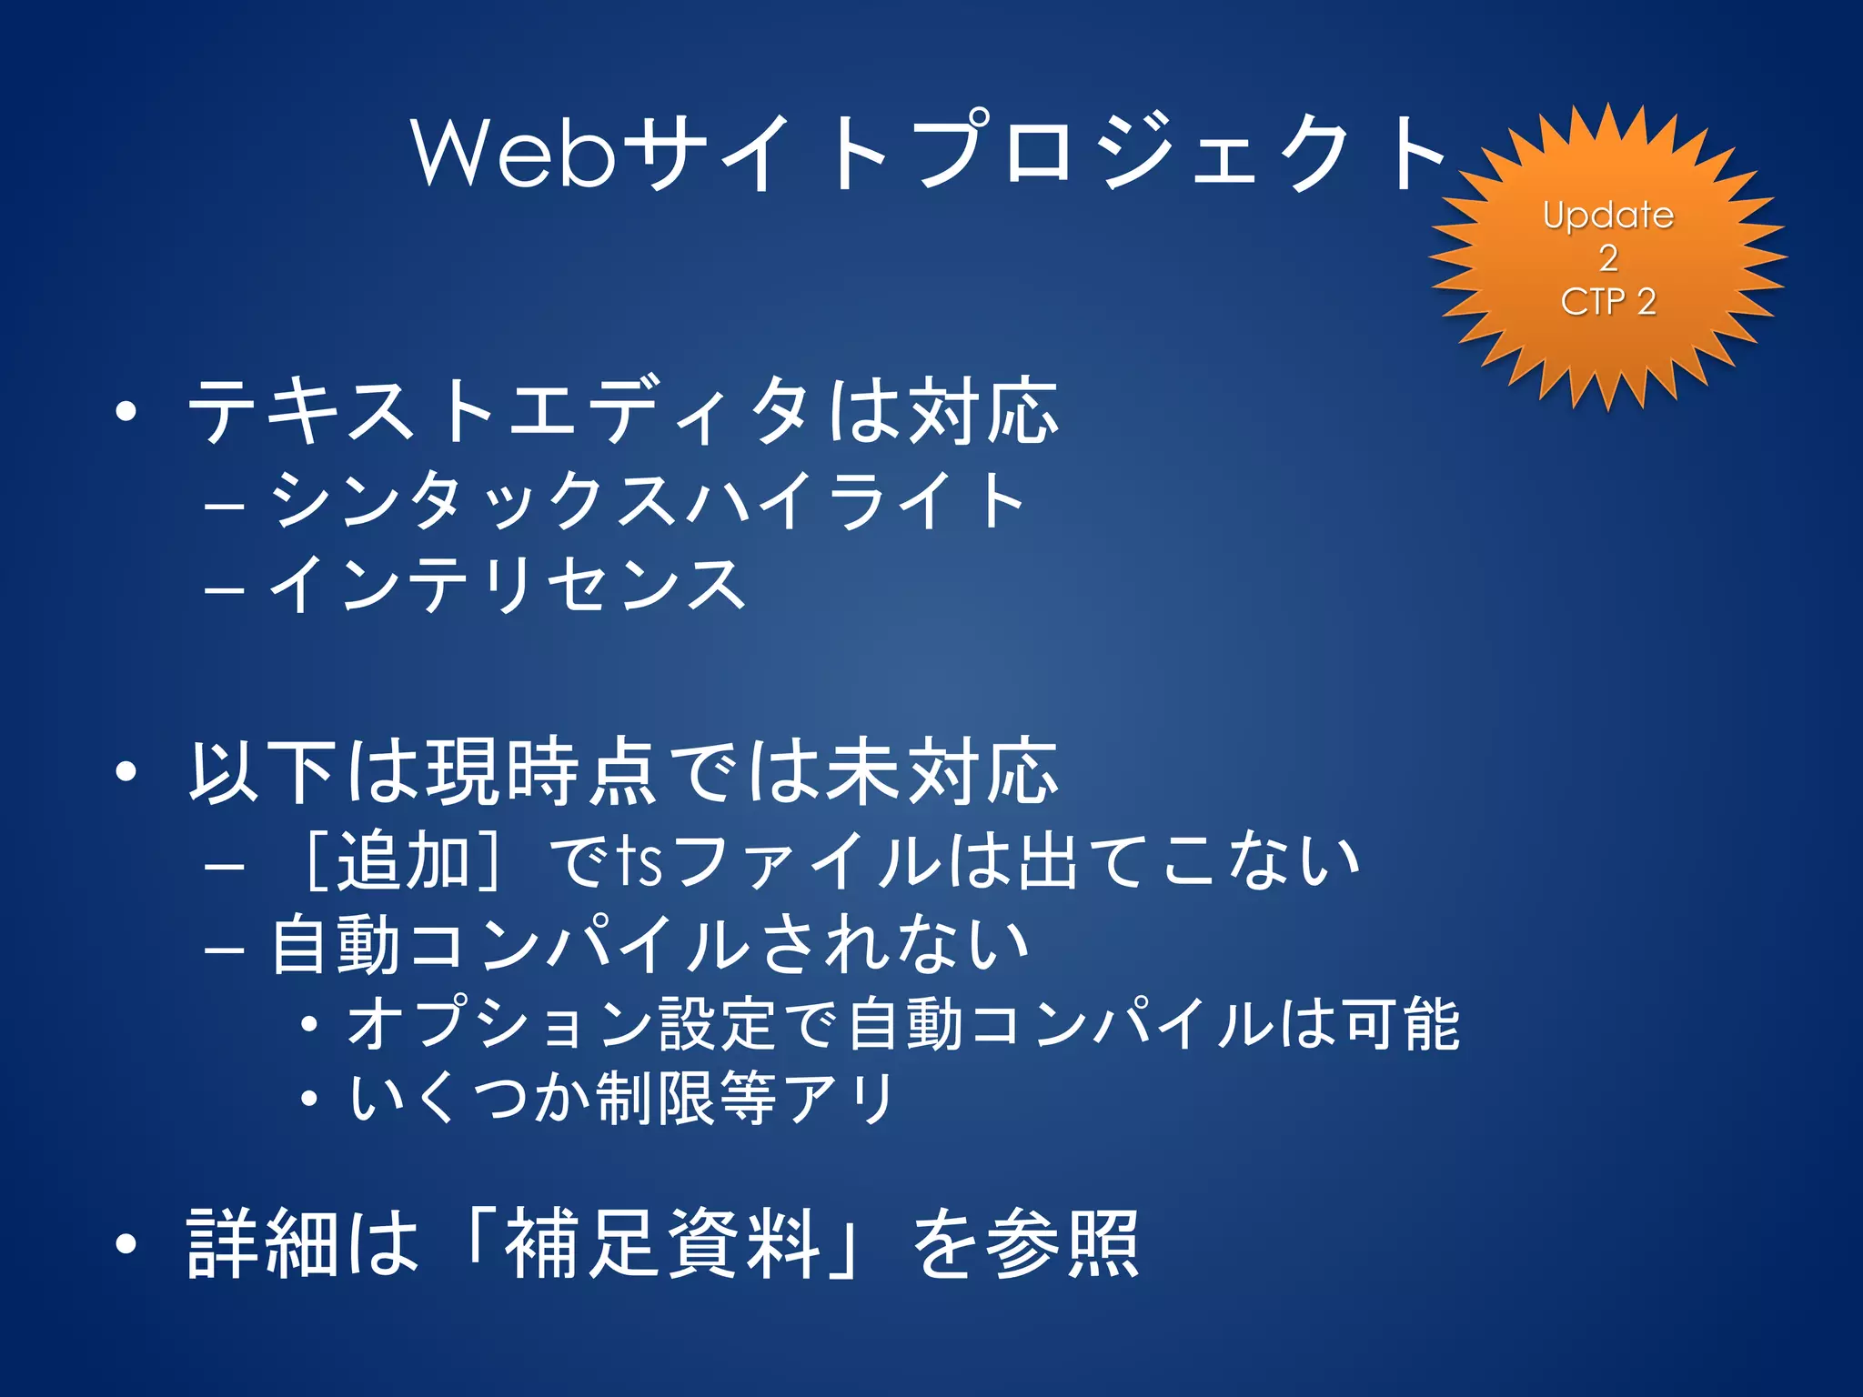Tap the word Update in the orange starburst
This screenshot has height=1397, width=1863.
tap(1608, 216)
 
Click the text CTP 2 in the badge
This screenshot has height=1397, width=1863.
tap(1608, 301)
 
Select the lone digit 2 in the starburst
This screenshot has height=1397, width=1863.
tap(1608, 258)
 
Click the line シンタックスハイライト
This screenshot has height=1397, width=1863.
tap(647, 499)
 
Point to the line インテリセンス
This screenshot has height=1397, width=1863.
tap(508, 585)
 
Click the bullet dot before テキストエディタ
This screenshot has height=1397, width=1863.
tap(126, 411)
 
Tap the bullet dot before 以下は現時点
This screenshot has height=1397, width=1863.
tap(126, 771)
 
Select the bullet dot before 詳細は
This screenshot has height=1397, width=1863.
tap(126, 1243)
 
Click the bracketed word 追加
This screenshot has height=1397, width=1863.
tap(404, 859)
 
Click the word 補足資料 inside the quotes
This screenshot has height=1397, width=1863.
tap(663, 1243)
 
